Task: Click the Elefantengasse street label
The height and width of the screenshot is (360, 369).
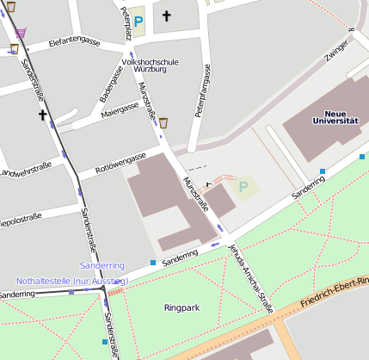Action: [x=76, y=40]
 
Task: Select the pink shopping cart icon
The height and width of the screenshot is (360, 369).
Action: [x=21, y=33]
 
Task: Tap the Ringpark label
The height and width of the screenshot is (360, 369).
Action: [x=181, y=306]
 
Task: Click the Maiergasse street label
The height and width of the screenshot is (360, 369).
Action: [x=120, y=109]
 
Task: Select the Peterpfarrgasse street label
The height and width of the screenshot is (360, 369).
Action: [x=204, y=97]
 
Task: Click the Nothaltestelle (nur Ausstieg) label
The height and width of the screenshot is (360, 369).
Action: [x=72, y=281]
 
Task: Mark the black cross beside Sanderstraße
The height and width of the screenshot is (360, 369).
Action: [x=40, y=114]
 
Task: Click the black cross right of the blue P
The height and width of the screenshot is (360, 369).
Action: [x=166, y=16]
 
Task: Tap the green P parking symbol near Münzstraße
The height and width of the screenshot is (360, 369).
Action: [x=243, y=185]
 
